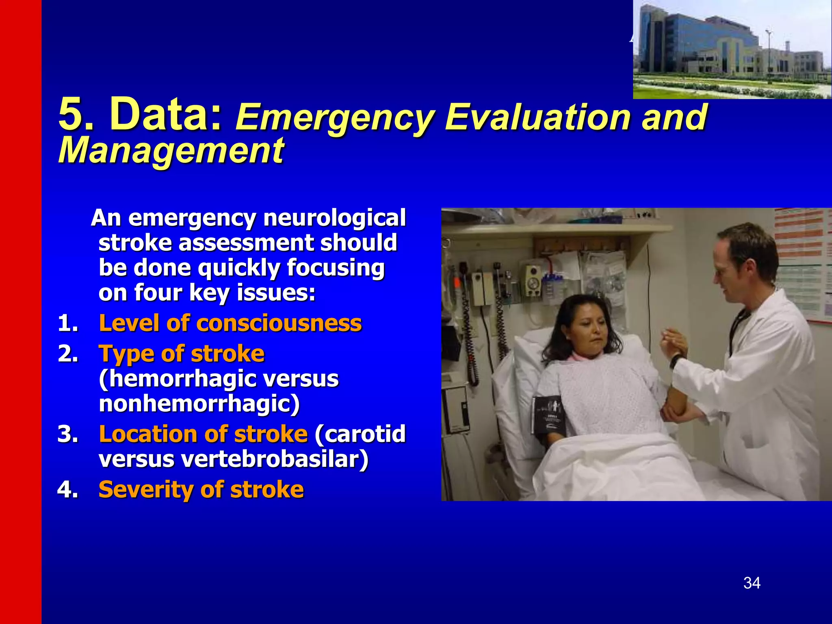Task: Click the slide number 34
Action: pos(752,583)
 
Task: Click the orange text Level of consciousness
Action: pos(230,323)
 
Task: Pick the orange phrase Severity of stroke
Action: pos(201,489)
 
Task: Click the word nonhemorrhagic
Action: pos(199,404)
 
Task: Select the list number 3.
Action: pos(68,434)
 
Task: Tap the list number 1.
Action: pos(68,324)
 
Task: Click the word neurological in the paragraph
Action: pos(334,218)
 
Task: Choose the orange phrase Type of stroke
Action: pos(182,353)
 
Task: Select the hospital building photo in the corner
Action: pos(732,50)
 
